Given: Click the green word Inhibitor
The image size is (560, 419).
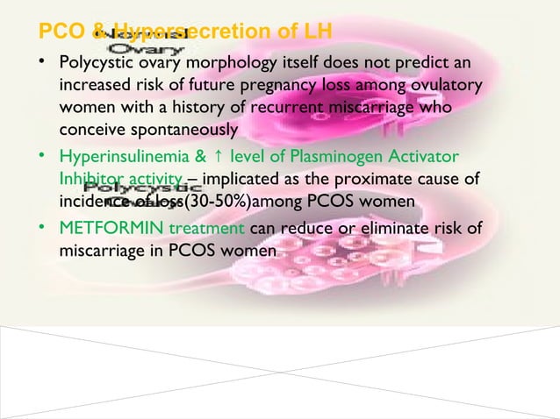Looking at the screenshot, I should pyautogui.click(x=90, y=181).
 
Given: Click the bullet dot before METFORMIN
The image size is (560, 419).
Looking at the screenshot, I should pyautogui.click(x=44, y=230).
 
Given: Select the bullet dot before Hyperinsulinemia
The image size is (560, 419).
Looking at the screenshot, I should pyautogui.click(x=44, y=159).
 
